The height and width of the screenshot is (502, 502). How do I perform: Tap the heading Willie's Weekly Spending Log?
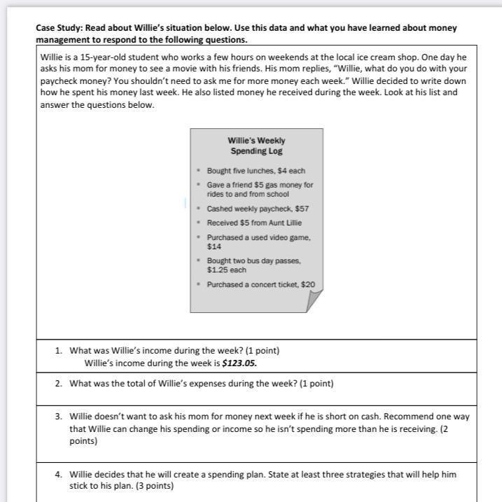pos(256,146)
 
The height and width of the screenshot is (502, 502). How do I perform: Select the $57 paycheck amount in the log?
pos(302,209)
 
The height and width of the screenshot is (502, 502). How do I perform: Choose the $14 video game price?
pos(214,247)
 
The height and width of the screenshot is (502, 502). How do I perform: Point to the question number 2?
pos(59,384)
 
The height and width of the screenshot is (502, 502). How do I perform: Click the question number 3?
pos(59,416)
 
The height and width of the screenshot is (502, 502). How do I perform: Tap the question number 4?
pos(59,474)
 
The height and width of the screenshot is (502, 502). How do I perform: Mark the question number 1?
pos(59,351)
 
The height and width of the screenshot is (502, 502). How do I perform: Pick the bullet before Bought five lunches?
pos(199,171)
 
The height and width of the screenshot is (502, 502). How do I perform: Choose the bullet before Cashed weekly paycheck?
pos(199,209)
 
